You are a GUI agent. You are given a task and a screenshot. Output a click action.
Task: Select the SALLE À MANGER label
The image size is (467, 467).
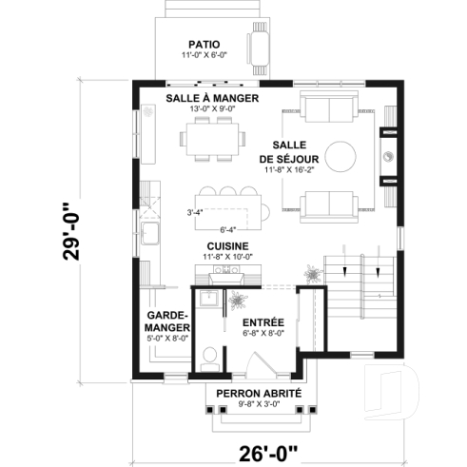[213, 98]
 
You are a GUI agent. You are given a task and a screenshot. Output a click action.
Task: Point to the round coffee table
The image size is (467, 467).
[340, 155]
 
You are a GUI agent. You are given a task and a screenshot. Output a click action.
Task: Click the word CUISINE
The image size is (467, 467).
[227, 245]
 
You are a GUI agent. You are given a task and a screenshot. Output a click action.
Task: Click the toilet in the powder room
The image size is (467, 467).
[210, 359]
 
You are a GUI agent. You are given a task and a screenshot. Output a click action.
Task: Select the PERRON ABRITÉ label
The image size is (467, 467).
[259, 394]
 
